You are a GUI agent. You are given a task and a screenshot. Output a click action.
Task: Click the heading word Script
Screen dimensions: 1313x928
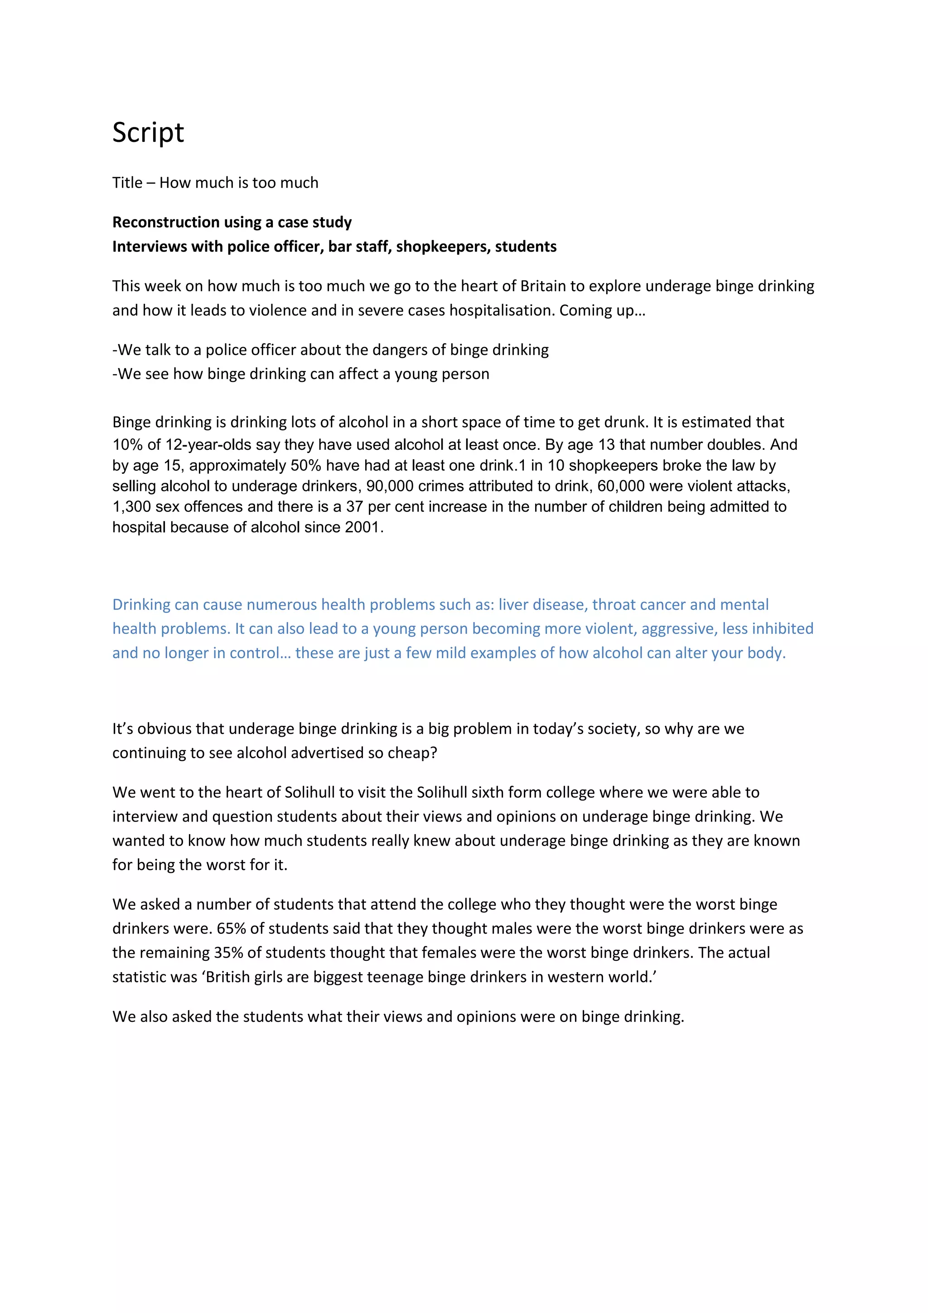click(148, 133)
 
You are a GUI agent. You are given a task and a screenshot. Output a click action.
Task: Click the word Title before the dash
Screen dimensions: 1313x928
click(127, 183)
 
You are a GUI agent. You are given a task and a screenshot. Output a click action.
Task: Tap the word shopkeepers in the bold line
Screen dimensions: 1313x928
click(443, 247)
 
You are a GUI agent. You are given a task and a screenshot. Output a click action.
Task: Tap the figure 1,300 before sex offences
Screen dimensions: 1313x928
click(131, 507)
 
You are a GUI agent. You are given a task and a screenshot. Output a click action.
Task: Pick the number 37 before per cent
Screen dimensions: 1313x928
click(354, 507)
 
